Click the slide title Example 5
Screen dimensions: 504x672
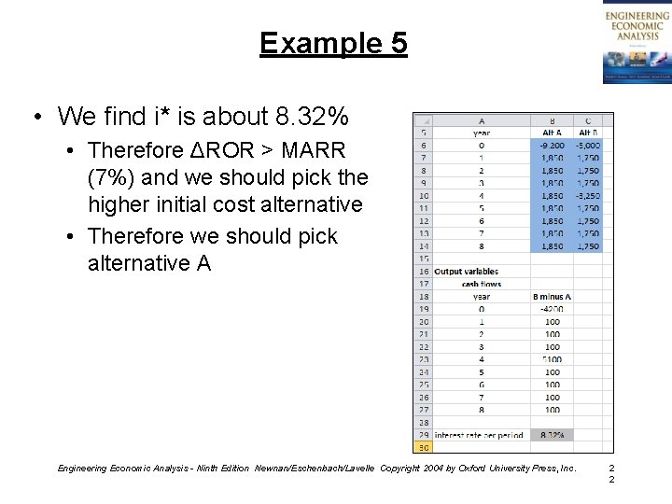(333, 43)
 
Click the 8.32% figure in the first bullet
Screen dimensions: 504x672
(313, 117)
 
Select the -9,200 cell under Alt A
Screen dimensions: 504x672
(552, 146)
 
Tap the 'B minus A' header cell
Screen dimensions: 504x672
(552, 297)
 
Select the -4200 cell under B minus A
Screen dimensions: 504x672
(552, 309)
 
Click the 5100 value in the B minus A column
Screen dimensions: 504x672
(552, 359)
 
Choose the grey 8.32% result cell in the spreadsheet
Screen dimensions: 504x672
(552, 435)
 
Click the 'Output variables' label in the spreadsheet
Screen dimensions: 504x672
(466, 272)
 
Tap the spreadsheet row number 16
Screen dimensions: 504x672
(423, 272)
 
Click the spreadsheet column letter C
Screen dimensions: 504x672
(588, 120)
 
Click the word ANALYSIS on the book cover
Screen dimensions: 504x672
(637, 35)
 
